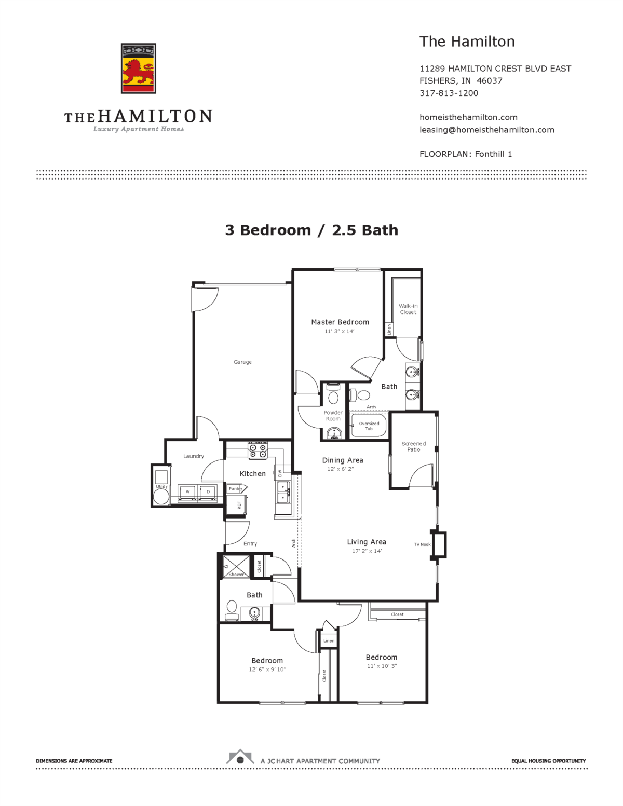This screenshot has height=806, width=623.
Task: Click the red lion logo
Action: tap(138, 69)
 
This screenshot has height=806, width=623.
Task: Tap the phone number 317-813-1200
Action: tap(449, 93)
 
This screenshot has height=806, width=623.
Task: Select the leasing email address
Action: tap(486, 130)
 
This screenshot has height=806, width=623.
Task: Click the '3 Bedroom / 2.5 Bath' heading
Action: tap(311, 230)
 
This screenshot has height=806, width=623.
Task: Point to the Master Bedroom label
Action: tap(340, 322)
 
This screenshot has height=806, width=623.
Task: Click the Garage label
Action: tap(242, 362)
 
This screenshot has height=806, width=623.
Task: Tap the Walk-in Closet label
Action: tap(408, 309)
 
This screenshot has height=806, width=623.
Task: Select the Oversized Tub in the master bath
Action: tap(369, 426)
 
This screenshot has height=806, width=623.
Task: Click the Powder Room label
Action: tap(333, 416)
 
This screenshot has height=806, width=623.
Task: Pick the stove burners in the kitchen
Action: tap(258, 450)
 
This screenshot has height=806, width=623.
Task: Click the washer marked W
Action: tap(187, 492)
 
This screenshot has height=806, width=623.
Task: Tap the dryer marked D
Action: tap(208, 492)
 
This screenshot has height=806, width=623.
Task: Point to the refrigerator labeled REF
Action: tap(236, 504)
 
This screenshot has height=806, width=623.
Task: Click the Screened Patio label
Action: tap(413, 447)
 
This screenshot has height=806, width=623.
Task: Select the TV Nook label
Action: tap(422, 544)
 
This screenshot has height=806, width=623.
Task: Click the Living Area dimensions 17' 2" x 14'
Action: tap(367, 551)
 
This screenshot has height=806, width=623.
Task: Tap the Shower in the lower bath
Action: tap(236, 567)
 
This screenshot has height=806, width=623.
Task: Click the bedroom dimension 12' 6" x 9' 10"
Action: tap(267, 670)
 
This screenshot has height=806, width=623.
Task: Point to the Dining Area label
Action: tap(343, 460)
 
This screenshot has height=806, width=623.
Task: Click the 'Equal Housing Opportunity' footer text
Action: tap(548, 761)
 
